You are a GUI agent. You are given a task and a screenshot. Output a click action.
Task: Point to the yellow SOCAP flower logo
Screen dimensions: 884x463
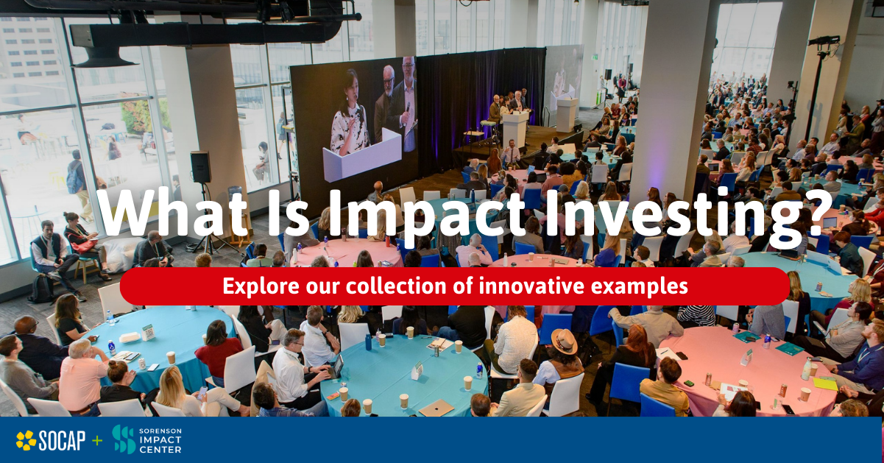click(26, 440)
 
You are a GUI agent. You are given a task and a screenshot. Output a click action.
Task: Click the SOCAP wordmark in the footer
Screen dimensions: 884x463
click(62, 440)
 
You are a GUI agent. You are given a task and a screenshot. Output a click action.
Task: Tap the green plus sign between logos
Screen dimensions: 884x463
click(96, 440)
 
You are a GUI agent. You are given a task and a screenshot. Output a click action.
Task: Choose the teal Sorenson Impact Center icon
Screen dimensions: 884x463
click(124, 439)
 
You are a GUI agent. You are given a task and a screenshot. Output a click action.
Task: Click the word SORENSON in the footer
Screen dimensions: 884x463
click(160, 431)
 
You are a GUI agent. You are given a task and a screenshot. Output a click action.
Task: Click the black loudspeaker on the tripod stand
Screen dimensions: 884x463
click(200, 167)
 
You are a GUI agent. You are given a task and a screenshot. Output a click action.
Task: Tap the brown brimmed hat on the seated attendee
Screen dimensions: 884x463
click(565, 342)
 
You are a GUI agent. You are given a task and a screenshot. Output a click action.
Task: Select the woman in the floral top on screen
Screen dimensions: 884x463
click(350, 115)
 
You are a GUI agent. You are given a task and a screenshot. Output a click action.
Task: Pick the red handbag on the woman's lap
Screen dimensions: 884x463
click(83, 247)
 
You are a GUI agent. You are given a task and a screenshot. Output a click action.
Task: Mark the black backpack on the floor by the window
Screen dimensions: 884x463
click(41, 289)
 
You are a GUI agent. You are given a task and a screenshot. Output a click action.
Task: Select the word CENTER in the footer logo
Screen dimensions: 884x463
click(160, 450)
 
